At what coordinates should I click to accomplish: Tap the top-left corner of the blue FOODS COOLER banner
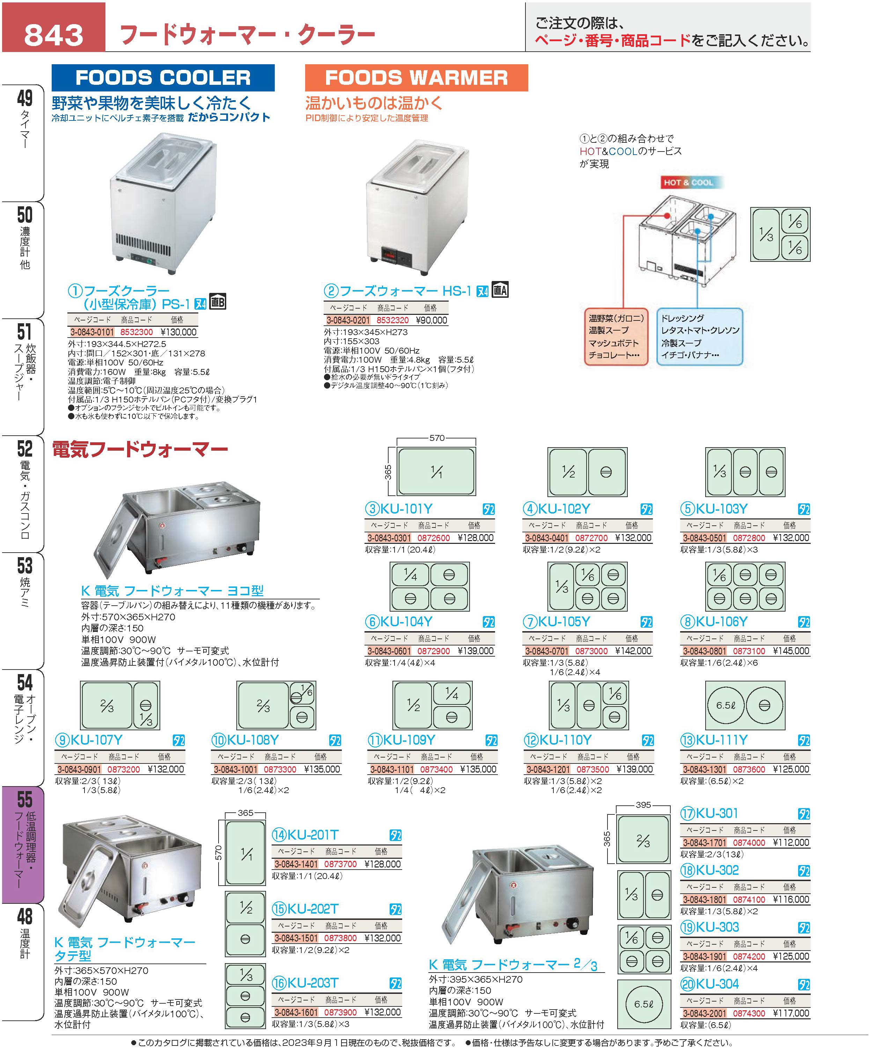pos(52,65)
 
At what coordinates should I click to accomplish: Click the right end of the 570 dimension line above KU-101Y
pos(476,438)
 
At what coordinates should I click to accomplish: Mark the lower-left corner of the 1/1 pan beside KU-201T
pos(226,884)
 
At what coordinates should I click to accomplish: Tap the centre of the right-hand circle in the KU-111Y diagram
pos(764,705)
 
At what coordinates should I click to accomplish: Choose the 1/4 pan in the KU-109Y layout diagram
pos(451,694)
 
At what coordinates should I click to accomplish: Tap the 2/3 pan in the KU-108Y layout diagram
pos(263,706)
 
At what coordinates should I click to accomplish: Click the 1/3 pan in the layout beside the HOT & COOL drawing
pos(766,234)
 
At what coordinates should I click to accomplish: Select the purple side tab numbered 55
pos(23,844)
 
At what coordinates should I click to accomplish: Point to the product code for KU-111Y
pos(749,769)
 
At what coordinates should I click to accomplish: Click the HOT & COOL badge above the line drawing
pos(688,183)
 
